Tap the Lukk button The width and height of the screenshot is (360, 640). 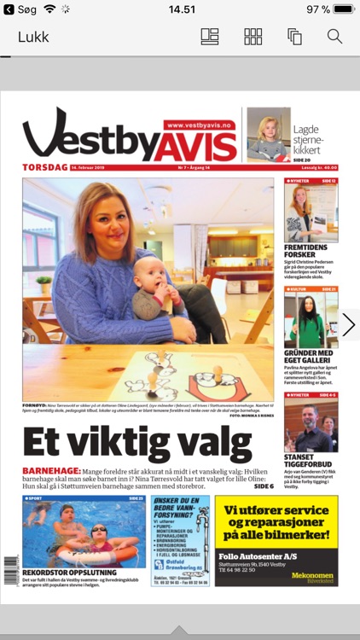pyautogui.click(x=33, y=37)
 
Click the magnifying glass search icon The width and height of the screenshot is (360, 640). pyautogui.click(x=334, y=37)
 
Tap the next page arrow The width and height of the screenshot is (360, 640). pyautogui.click(x=348, y=324)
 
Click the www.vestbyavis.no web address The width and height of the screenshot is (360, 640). pyautogui.click(x=199, y=125)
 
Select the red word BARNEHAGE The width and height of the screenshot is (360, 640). pyautogui.click(x=51, y=471)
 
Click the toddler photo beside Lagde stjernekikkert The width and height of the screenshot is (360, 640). pyautogui.click(x=268, y=134)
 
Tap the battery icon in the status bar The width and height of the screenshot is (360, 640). pyautogui.click(x=345, y=9)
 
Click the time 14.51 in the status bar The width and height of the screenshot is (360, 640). pyautogui.click(x=182, y=9)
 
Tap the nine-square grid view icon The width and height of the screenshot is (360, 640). pyautogui.click(x=253, y=37)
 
